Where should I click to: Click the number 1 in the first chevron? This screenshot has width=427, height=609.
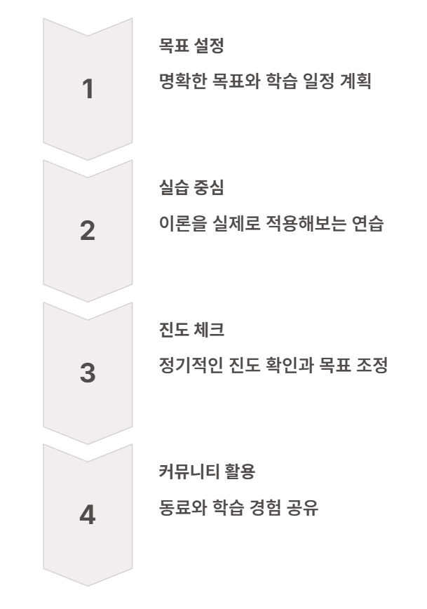(87, 89)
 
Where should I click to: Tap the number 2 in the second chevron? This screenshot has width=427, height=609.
(87, 232)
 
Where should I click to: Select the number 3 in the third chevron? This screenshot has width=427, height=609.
(87, 373)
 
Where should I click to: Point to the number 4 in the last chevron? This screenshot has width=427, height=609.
(87, 516)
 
